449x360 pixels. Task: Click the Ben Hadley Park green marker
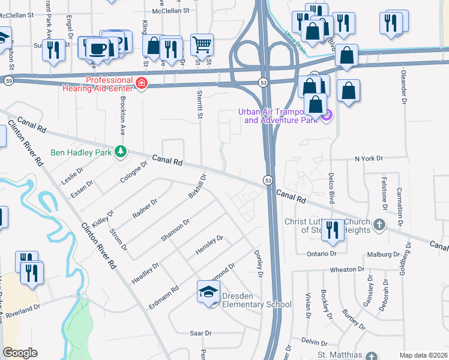tap(121, 151)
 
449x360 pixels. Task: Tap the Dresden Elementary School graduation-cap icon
tap(208, 293)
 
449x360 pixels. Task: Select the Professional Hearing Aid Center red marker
tap(142, 82)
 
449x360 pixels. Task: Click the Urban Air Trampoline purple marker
tap(327, 115)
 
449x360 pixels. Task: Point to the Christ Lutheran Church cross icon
tap(379, 224)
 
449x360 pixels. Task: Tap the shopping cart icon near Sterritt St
tap(202, 44)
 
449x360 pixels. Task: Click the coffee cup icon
tap(97, 48)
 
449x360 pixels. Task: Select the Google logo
tap(20, 353)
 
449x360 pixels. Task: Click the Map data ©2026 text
tap(423, 355)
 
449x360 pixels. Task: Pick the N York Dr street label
tap(369, 158)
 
